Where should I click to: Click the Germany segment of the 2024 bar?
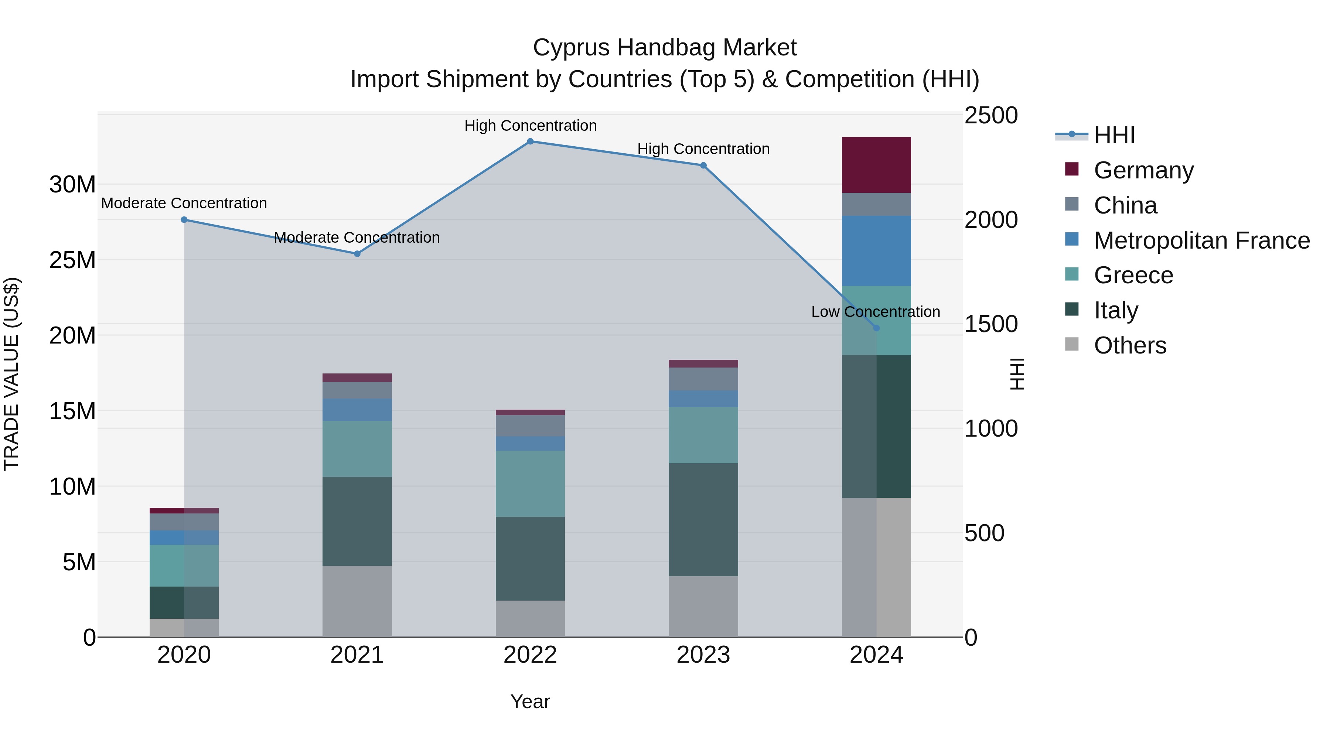pyautogui.click(x=876, y=165)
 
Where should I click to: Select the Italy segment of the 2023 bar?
pyautogui.click(x=703, y=519)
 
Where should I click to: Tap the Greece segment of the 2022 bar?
pyautogui.click(x=530, y=483)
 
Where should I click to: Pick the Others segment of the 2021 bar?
pyautogui.click(x=357, y=601)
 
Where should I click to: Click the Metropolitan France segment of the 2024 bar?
pyautogui.click(x=876, y=251)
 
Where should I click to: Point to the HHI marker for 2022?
pyautogui.click(x=530, y=141)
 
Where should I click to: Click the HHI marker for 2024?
pyautogui.click(x=876, y=328)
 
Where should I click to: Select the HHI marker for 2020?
pyautogui.click(x=184, y=220)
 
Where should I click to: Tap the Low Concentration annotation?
pyautogui.click(x=875, y=312)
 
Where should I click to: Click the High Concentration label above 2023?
pyautogui.click(x=703, y=148)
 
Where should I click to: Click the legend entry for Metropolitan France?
pyautogui.click(x=1201, y=240)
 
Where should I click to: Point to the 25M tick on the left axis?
pyautogui.click(x=72, y=260)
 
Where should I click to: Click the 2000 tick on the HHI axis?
pyautogui.click(x=990, y=220)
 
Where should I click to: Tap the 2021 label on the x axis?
pyautogui.click(x=357, y=655)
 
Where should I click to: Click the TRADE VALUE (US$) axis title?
pyautogui.click(x=11, y=374)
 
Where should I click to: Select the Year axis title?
pyautogui.click(x=530, y=701)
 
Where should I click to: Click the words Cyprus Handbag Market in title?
pyautogui.click(x=665, y=48)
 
